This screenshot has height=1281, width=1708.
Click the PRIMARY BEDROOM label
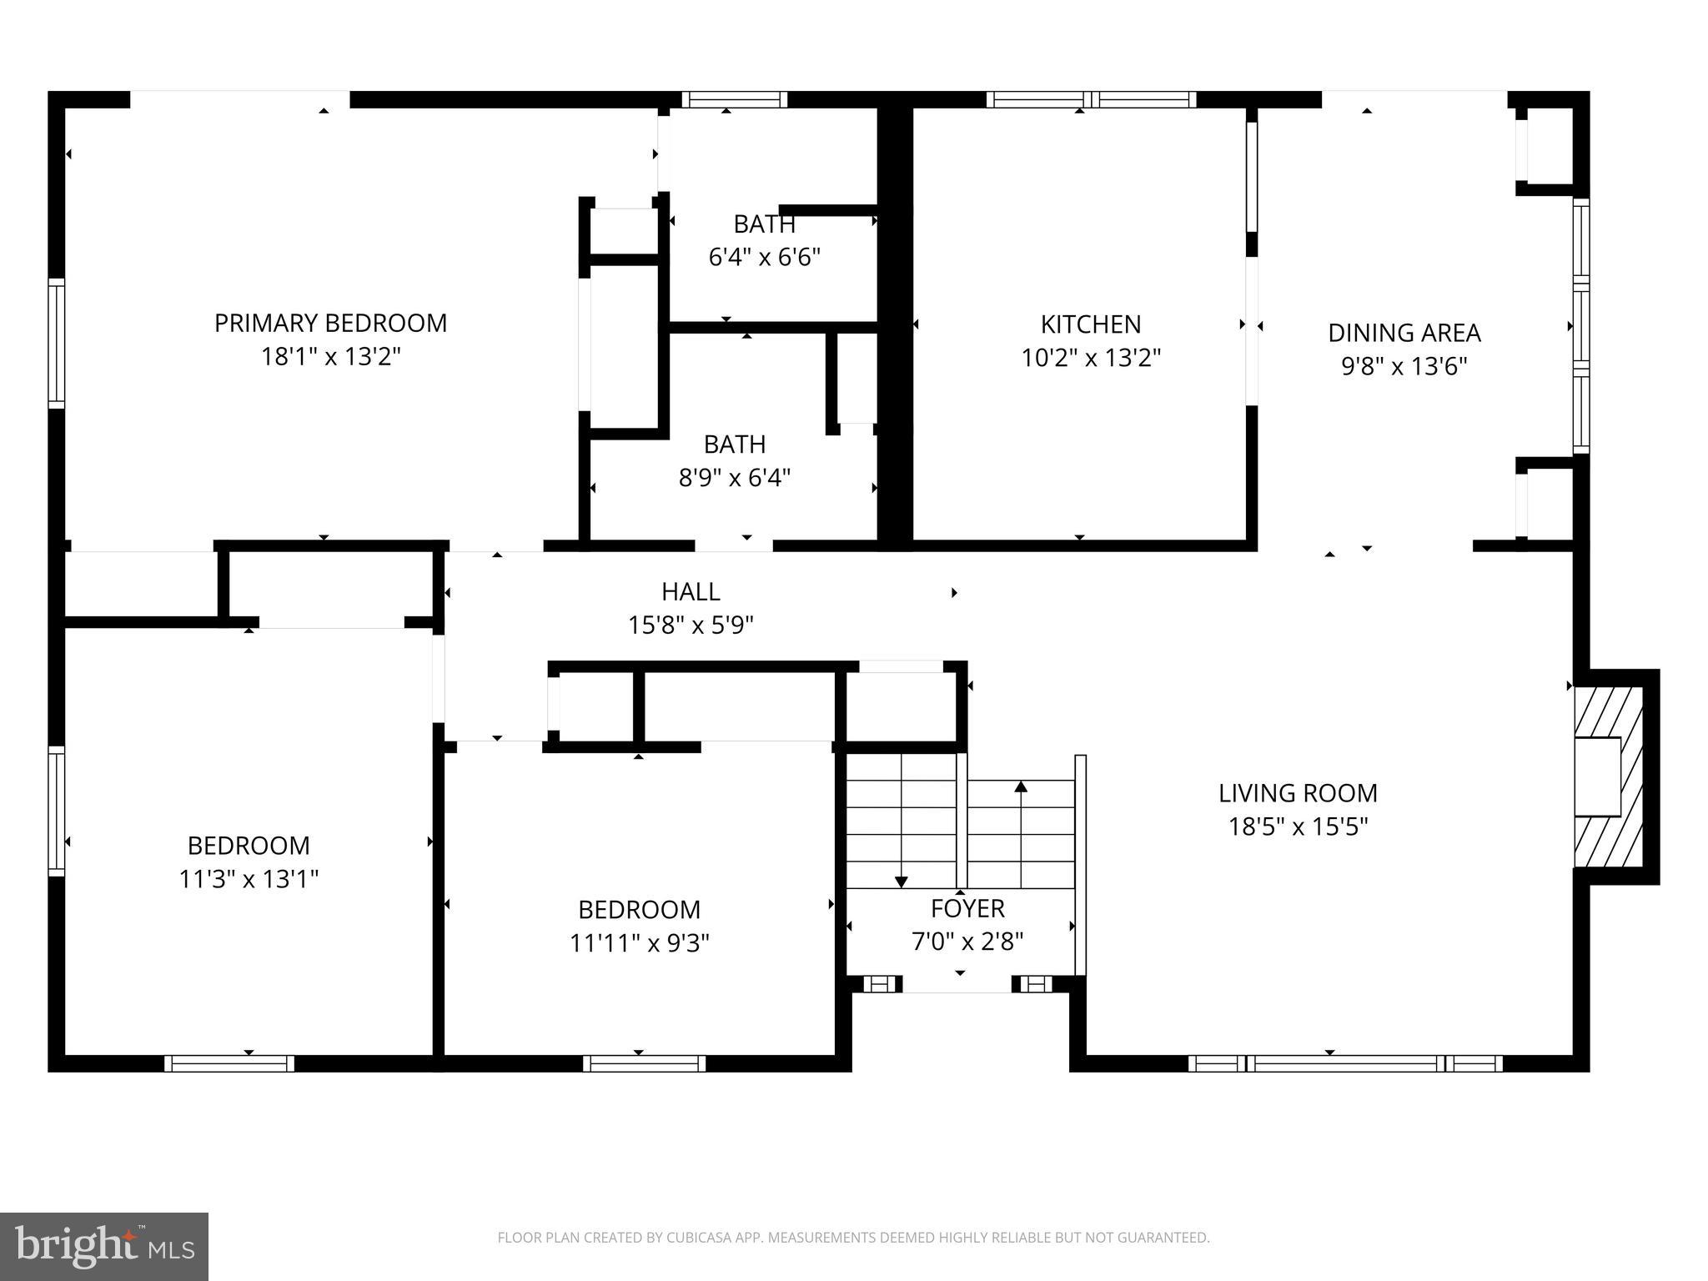(330, 323)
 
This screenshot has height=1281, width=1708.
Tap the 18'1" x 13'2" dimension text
(330, 357)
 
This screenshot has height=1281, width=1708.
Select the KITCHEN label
(1090, 324)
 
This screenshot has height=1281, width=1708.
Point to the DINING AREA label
(1404, 333)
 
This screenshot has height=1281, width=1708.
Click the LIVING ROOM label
(1297, 792)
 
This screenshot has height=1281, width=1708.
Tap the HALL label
(691, 591)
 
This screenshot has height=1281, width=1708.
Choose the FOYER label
(967, 907)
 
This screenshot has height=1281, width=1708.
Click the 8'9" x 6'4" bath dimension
(734, 478)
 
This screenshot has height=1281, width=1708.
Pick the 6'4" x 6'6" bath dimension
(764, 257)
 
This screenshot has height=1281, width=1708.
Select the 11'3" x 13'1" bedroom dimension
(249, 879)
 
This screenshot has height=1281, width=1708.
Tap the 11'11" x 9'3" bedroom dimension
(639, 942)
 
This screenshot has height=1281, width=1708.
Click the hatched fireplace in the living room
(1607, 776)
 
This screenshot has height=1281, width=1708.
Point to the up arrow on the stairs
(1021, 786)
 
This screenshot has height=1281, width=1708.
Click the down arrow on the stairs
(901, 882)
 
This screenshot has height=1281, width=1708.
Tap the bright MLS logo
(104, 1246)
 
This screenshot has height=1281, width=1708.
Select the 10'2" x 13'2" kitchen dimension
(1090, 358)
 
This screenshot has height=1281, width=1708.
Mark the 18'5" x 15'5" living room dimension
(1297, 826)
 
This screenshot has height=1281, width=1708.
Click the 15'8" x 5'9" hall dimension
(691, 625)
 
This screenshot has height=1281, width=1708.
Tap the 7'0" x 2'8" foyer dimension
(967, 942)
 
